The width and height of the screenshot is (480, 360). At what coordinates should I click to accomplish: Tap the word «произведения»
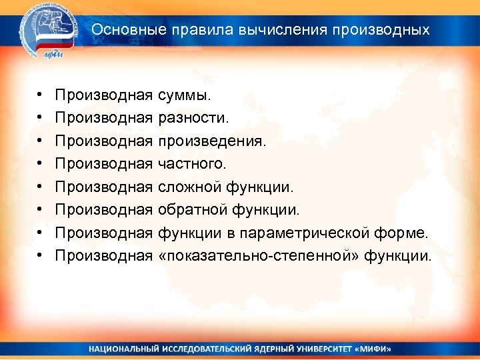tap(211, 141)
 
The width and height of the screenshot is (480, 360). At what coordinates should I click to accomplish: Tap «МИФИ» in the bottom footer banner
tap(371, 349)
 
